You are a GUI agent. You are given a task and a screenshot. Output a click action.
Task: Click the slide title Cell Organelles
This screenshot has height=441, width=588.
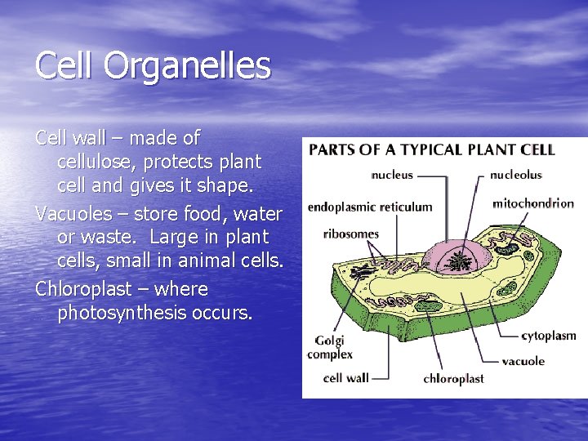tap(153, 66)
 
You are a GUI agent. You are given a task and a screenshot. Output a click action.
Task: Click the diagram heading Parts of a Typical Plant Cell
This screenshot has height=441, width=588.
tap(431, 150)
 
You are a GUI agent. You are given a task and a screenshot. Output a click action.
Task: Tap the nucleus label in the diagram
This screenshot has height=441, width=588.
tap(392, 175)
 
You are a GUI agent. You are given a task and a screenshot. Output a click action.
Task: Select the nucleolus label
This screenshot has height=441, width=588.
tap(515, 175)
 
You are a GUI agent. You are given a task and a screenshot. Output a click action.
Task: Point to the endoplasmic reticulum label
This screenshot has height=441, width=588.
tap(370, 207)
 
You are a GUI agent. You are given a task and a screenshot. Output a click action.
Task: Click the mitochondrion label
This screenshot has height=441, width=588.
tap(533, 203)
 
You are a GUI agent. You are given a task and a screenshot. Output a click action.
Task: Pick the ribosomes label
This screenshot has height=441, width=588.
tap(351, 234)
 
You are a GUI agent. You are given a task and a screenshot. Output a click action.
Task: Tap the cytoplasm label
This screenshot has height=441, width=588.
tap(548, 336)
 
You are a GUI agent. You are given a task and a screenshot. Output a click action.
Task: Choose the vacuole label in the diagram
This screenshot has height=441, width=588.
tap(523, 361)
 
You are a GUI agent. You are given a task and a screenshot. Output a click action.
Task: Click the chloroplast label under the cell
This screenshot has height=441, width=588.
tap(453, 379)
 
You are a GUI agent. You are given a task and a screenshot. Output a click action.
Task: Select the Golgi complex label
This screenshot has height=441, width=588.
tap(329, 347)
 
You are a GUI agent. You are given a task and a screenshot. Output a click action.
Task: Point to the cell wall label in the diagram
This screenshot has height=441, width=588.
tap(346, 378)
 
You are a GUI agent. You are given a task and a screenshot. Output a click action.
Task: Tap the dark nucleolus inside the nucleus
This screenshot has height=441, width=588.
tap(460, 261)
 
